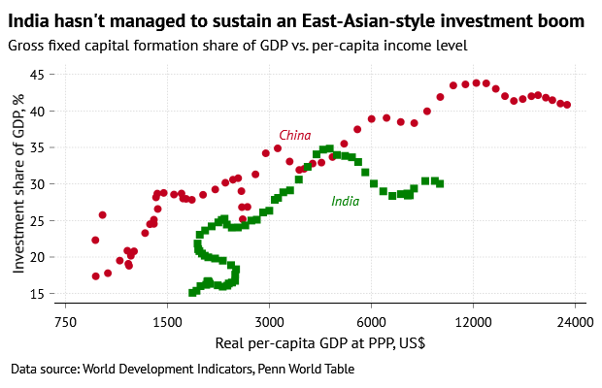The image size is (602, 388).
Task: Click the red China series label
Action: [295, 135]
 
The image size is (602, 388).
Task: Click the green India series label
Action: [345, 202]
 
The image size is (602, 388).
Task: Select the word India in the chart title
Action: [30, 19]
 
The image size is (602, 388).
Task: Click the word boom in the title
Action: [562, 19]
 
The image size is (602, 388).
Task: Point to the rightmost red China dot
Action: [567, 105]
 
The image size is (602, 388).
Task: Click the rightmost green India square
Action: [440, 182]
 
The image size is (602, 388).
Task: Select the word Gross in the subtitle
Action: [26, 45]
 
